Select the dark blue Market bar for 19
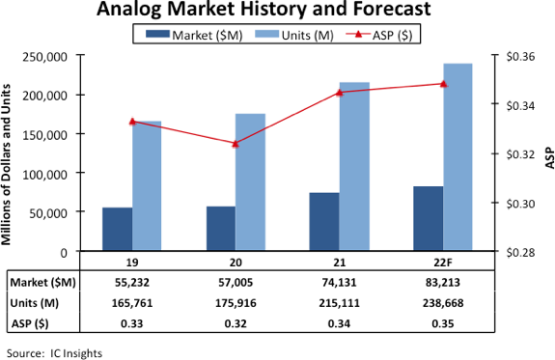tap(117, 230)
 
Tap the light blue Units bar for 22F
tap(458, 157)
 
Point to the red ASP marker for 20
tap(236, 143)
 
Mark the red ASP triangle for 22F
tap(443, 83)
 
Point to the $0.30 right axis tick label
tap(509, 203)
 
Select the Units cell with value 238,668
tap(443, 301)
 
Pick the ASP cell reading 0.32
tap(236, 321)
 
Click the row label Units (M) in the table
tap(37, 301)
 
